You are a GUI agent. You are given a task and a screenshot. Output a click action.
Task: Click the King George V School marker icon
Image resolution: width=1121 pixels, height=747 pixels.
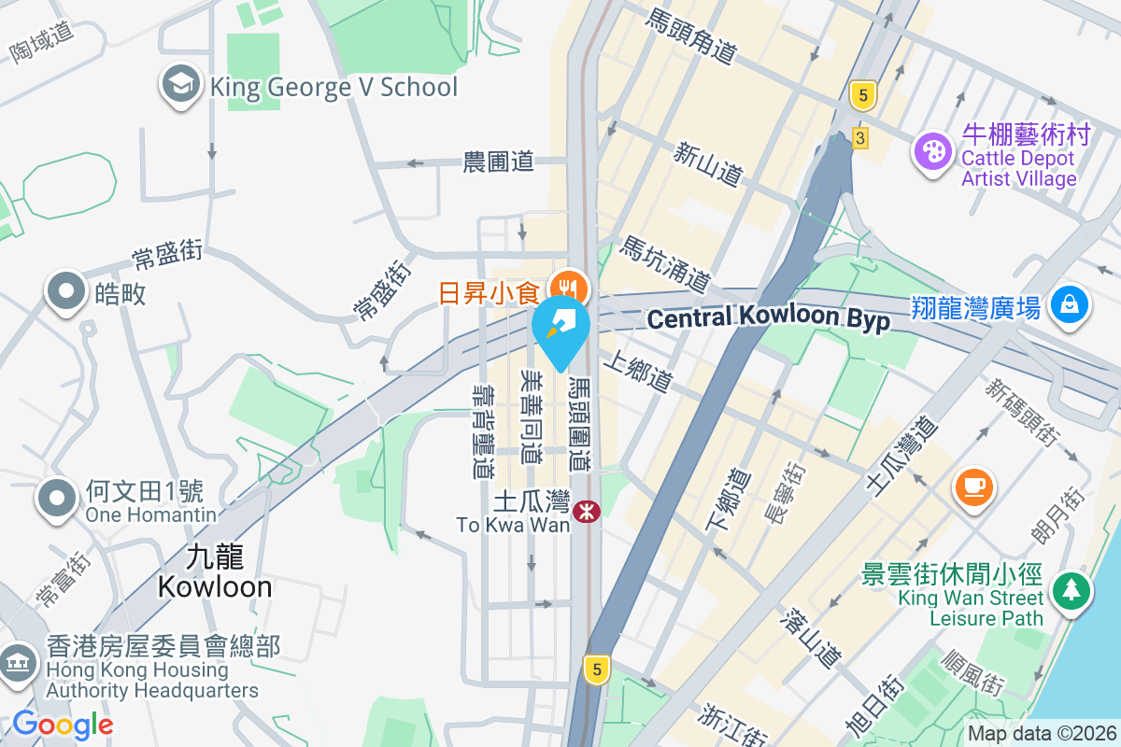click(x=181, y=85)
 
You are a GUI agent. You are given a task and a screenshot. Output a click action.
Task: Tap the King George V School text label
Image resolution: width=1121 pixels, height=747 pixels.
click(x=333, y=88)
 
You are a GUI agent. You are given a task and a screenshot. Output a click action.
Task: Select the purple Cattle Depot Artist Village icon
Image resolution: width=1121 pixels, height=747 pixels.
click(x=931, y=149)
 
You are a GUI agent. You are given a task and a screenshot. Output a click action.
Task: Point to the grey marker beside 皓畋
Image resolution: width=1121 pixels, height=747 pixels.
click(x=65, y=291)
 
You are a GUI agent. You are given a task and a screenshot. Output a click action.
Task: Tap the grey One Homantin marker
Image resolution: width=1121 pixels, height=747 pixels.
click(x=57, y=498)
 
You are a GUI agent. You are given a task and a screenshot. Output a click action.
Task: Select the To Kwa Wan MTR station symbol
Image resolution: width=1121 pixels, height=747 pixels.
click(x=587, y=511)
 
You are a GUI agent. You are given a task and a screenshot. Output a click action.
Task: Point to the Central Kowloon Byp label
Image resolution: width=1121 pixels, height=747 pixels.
click(x=768, y=317)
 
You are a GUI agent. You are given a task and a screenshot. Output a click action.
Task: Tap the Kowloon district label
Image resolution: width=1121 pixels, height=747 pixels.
click(x=215, y=572)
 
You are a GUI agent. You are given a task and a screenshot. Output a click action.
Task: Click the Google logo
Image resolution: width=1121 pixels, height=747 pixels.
click(x=63, y=724)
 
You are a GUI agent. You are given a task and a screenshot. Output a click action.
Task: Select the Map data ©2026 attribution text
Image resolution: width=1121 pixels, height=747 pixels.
click(x=1041, y=734)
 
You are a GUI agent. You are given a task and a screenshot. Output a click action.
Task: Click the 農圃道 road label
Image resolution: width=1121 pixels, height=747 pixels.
click(x=499, y=162)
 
